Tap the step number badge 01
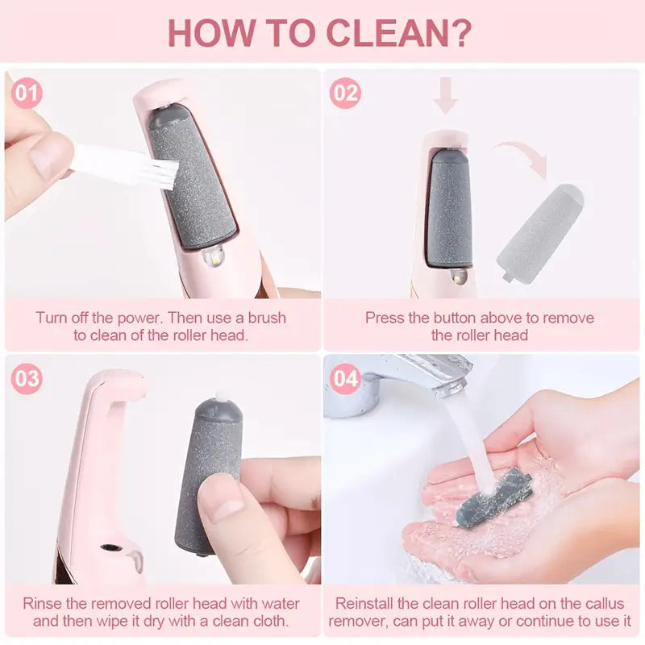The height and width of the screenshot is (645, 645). (x=27, y=94)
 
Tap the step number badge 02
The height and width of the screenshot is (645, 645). (x=345, y=94)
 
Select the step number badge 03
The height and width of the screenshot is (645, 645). (x=27, y=379)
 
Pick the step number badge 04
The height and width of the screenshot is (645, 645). (x=345, y=379)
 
